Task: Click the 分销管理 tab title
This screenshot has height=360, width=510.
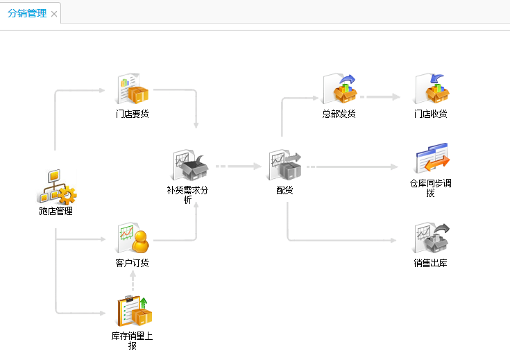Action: (27, 13)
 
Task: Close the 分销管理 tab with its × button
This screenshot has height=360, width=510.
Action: (55, 14)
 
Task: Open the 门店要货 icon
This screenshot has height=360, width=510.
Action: (133, 89)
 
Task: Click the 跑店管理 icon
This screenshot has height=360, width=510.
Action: (56, 187)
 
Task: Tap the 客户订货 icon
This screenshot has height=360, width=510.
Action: (133, 239)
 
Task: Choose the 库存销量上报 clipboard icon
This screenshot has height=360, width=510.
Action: (133, 311)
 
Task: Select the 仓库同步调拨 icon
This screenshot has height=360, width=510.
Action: (431, 160)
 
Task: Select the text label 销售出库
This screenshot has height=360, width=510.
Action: (431, 264)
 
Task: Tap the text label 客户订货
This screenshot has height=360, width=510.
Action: (133, 264)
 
